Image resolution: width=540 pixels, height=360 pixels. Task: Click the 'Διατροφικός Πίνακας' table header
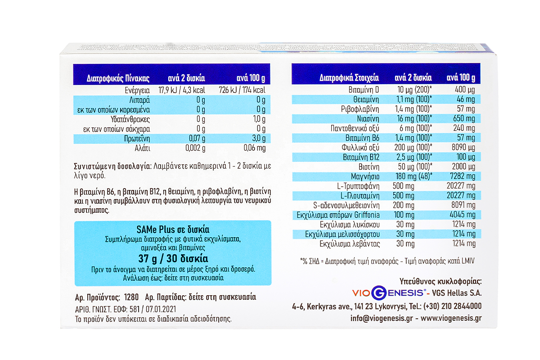[x=111, y=78]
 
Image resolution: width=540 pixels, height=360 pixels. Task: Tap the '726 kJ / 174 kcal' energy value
[x=242, y=90]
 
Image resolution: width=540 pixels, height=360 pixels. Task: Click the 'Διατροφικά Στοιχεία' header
[x=349, y=77]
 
